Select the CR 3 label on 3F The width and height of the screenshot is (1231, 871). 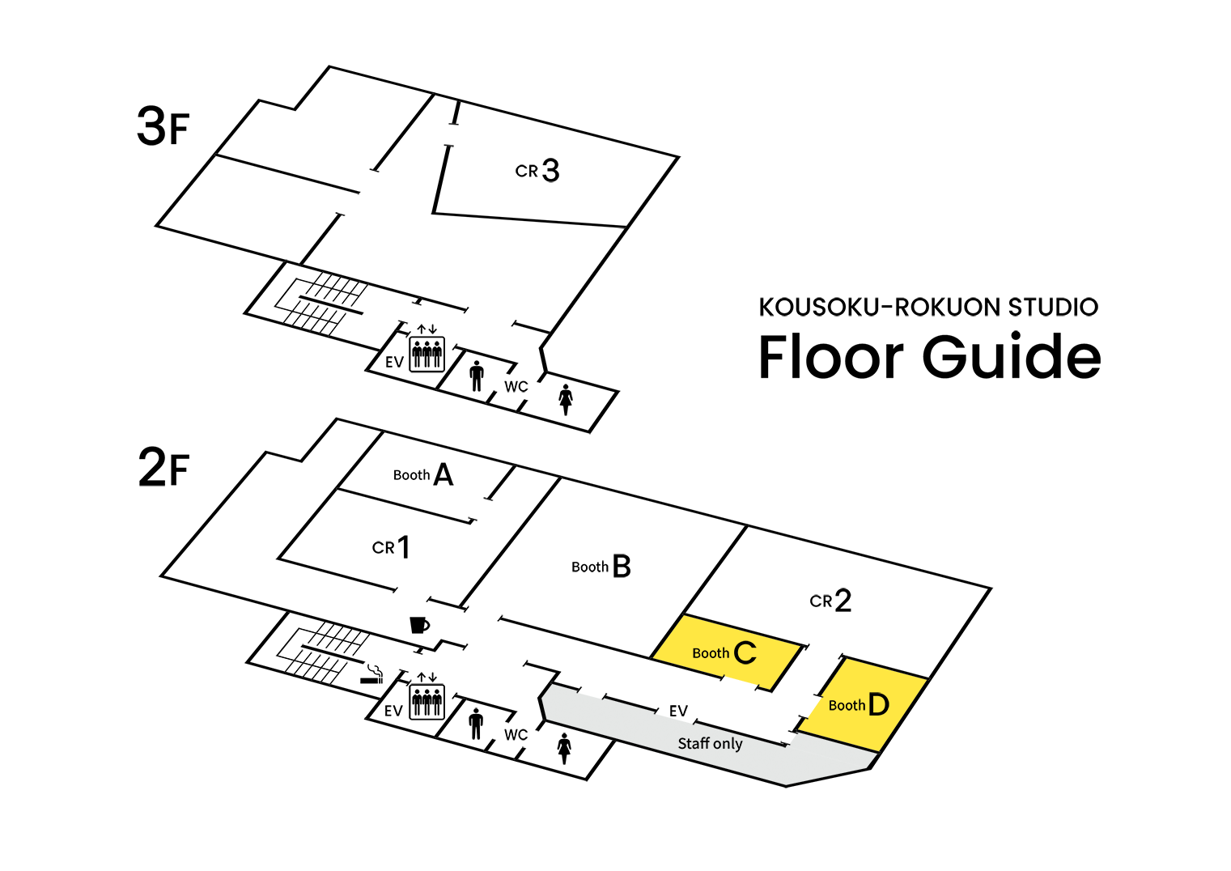pyautogui.click(x=537, y=170)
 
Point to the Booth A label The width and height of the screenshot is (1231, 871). pyautogui.click(x=423, y=475)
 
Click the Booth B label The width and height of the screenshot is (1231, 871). pyautogui.click(x=601, y=566)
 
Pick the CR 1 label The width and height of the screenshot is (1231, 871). pyautogui.click(x=391, y=546)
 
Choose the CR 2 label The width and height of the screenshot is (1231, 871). pyautogui.click(x=830, y=600)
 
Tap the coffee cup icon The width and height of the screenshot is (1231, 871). pyautogui.click(x=420, y=625)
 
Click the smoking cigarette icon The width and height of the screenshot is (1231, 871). pyautogui.click(x=372, y=674)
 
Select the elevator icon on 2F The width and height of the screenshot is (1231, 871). pyautogui.click(x=427, y=697)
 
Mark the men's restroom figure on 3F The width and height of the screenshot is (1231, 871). pyautogui.click(x=477, y=376)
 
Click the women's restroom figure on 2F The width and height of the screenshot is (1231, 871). pyautogui.click(x=564, y=749)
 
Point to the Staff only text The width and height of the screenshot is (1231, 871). pyautogui.click(x=710, y=744)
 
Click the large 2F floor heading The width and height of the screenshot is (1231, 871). pyautogui.click(x=163, y=467)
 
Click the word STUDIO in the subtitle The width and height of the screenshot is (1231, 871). pyautogui.click(x=1053, y=307)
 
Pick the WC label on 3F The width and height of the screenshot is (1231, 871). pyautogui.click(x=516, y=387)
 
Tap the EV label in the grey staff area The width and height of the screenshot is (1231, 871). pyautogui.click(x=678, y=711)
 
